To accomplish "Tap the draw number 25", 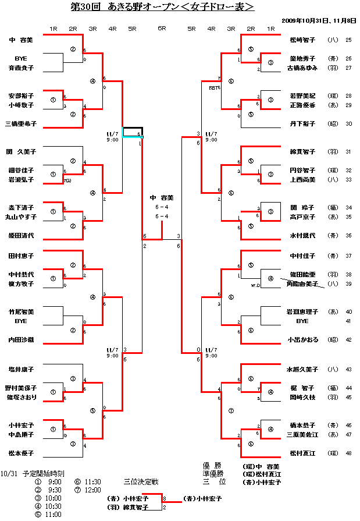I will pos(348,40).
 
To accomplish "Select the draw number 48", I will pos(348,452).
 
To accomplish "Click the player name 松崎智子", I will pos(302,40).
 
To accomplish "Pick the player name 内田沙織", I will pos(21,339).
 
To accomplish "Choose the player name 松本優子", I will pos(21,452).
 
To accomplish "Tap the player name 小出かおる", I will pos(302,339).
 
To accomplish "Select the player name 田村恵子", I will pos(21,256).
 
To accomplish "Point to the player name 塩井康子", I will pos(21,369).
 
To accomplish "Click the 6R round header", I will pos(162,28).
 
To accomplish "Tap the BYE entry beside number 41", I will pos(302,321).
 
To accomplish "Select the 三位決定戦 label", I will pos(141,481).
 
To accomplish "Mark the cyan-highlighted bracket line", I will pos(133,137).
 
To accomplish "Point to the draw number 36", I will pos(348,236).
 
